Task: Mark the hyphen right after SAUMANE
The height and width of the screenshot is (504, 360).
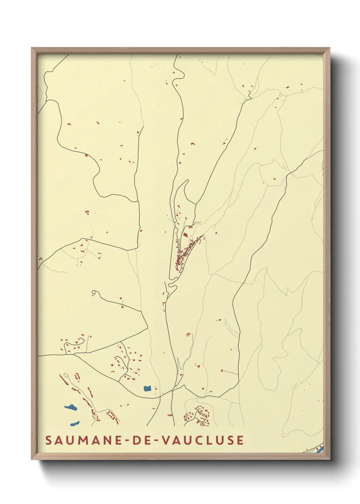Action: [x=126, y=440]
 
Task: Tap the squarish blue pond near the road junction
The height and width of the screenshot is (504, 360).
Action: [x=147, y=388]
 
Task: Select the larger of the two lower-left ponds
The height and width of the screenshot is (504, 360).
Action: [x=70, y=407]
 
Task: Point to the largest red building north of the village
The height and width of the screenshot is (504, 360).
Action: [x=185, y=235]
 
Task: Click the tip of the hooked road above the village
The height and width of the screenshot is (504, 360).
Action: [x=187, y=180]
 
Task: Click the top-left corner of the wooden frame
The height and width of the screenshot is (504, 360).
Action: [x=32, y=48]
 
